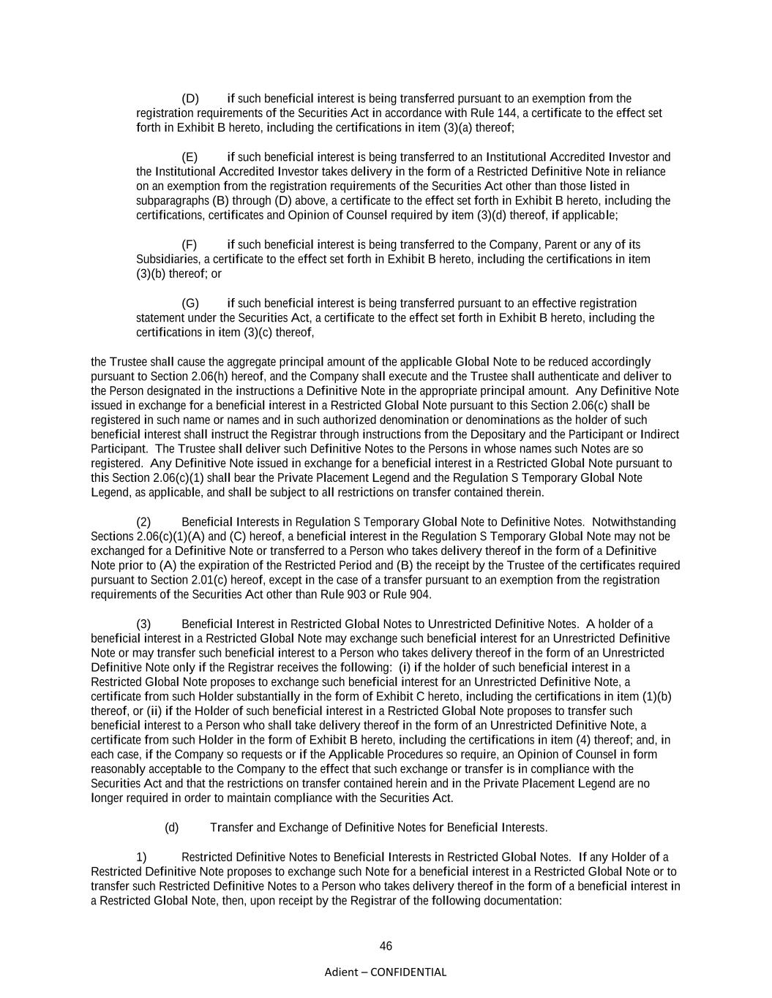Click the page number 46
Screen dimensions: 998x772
tap(386, 946)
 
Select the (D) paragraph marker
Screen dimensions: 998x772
tap(190, 99)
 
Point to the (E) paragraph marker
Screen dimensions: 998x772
tap(190, 157)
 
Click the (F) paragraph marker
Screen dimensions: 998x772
tap(189, 245)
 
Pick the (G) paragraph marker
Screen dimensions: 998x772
tap(190, 303)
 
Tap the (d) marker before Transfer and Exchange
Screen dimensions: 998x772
tap(172, 828)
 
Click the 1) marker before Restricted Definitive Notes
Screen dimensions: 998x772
tap(141, 857)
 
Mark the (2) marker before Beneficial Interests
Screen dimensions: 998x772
tap(143, 522)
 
